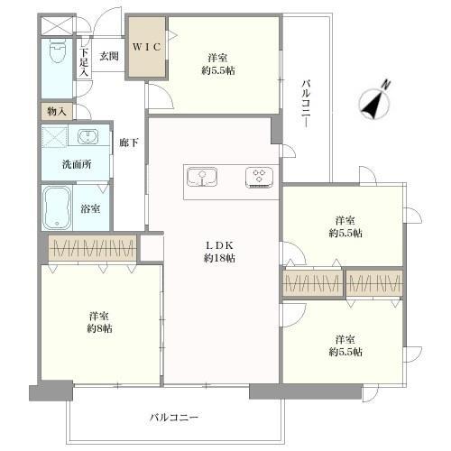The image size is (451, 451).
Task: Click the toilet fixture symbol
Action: click(x=57, y=51)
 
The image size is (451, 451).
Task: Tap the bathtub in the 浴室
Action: click(x=57, y=208)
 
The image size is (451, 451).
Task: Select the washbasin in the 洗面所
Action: click(x=87, y=137)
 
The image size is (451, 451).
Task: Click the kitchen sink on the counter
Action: click(x=202, y=177)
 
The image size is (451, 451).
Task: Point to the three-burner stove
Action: click(x=259, y=178)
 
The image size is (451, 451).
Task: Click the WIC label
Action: click(x=147, y=47)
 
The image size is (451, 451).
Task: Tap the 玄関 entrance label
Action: click(x=109, y=56)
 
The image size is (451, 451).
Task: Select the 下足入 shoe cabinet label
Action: click(x=84, y=62)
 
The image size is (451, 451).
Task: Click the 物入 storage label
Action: click(x=57, y=112)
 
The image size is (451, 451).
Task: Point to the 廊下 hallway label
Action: click(x=129, y=143)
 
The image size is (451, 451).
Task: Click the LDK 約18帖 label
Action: click(x=219, y=252)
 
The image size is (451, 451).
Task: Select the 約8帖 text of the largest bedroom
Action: click(x=99, y=328)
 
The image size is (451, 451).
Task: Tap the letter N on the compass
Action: click(x=385, y=85)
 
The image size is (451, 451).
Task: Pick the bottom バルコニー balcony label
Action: click(x=174, y=418)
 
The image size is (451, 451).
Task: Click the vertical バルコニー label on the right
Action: click(x=307, y=103)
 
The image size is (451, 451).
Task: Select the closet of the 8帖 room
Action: click(x=92, y=248)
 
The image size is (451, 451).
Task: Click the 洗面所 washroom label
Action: click(x=77, y=164)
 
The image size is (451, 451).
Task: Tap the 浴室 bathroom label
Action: click(x=90, y=208)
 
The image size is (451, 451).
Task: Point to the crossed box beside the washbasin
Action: click(x=54, y=137)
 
